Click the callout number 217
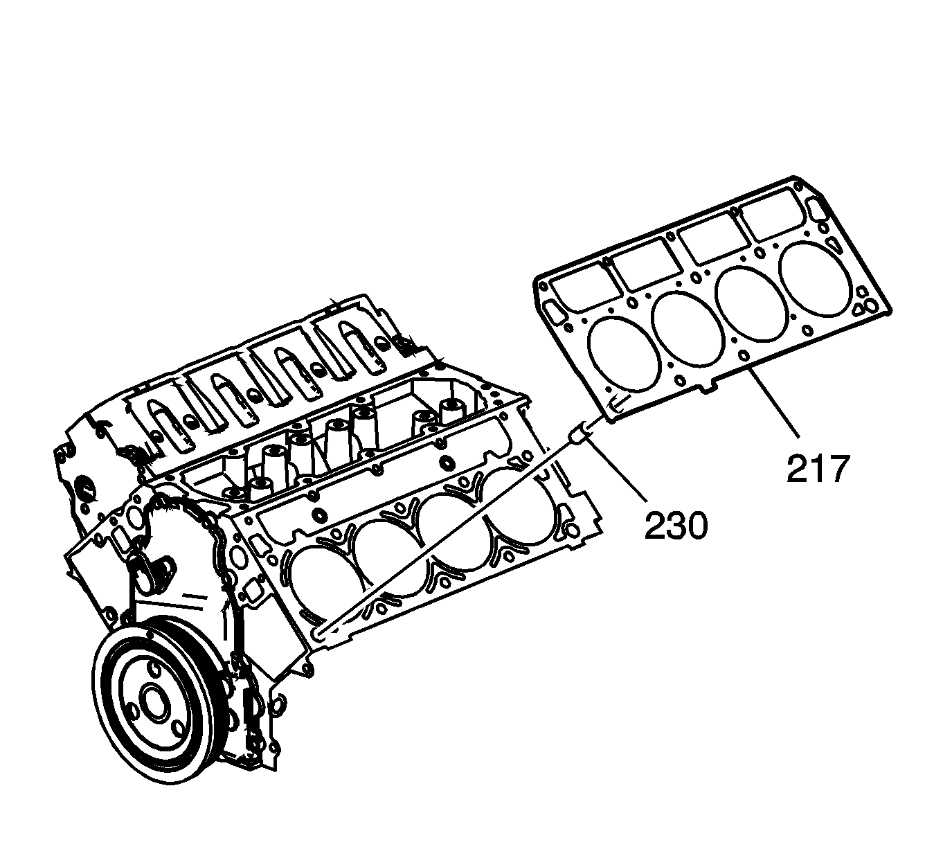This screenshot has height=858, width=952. click(x=817, y=469)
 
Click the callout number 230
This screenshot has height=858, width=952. click(x=676, y=525)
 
